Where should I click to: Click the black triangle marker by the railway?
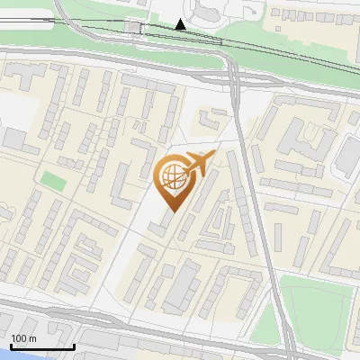pos(181,24)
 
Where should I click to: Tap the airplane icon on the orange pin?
pos(199,165)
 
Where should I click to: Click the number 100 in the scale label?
pos(18,338)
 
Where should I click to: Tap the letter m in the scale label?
pos(32,338)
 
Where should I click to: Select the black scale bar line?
pos(41,346)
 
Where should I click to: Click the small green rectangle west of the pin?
pos(53,181)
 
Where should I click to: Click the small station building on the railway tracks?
pos(136,28)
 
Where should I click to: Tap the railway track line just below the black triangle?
pos(181,35)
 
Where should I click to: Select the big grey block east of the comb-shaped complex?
pos(347,157)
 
